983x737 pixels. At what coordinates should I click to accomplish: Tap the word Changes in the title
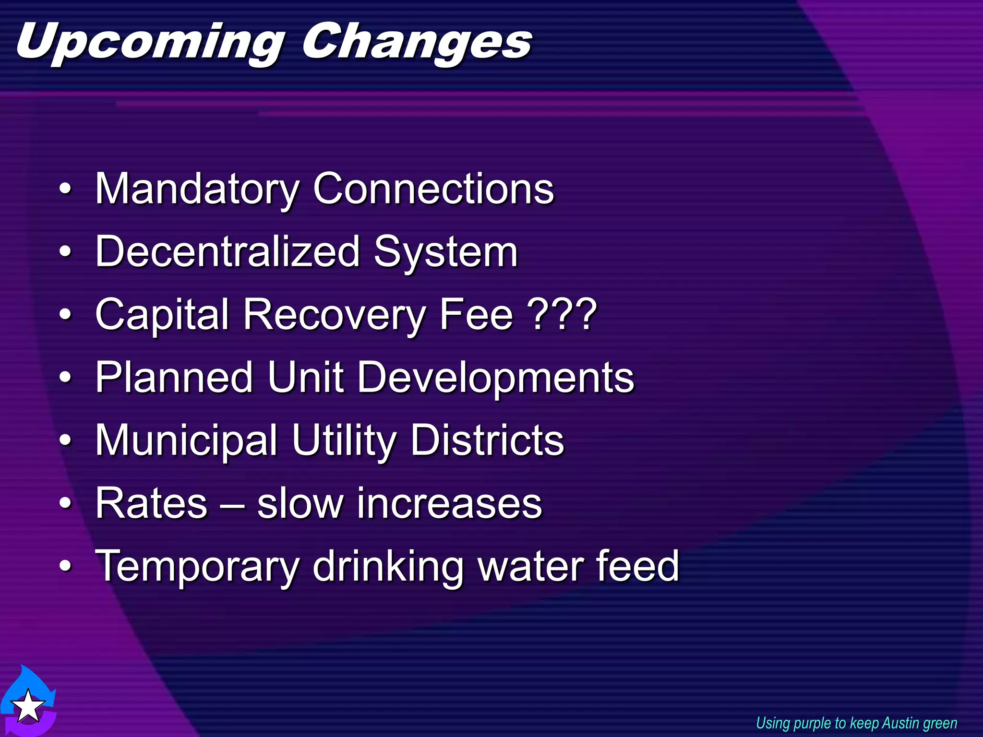point(417,43)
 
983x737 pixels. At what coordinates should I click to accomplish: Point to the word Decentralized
point(228,251)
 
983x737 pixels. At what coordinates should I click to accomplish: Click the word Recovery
point(334,315)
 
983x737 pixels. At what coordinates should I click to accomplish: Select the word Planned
point(174,378)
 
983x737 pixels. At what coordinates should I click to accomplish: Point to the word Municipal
point(186,440)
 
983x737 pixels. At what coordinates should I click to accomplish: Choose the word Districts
point(487,440)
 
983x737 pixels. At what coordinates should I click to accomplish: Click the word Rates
point(151,503)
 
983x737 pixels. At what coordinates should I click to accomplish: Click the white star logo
point(28,705)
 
